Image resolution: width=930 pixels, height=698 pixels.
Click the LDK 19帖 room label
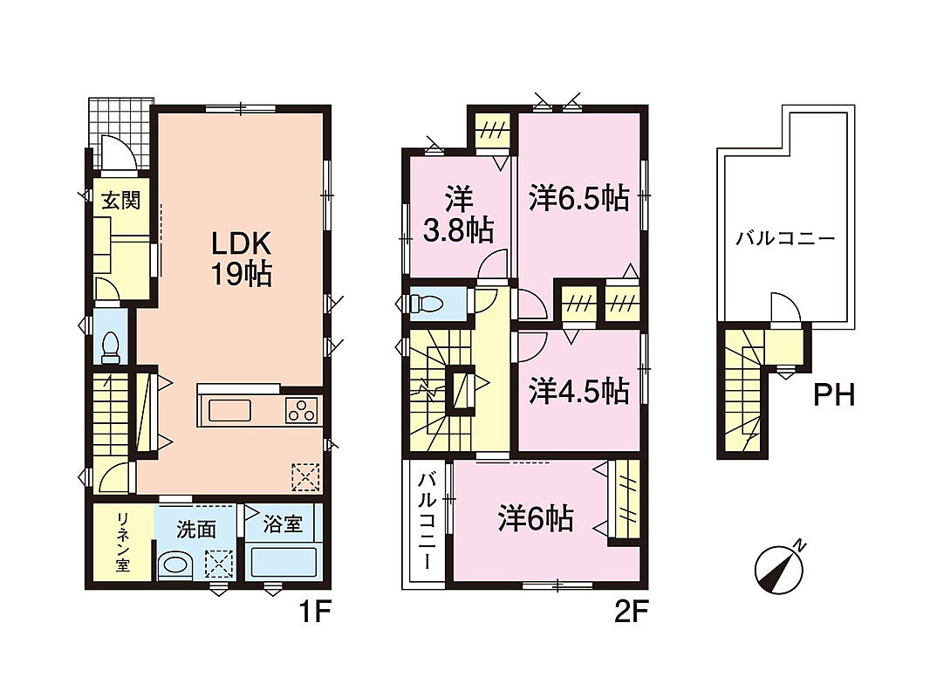point(242,258)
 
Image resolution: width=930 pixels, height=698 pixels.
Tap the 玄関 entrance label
point(121,201)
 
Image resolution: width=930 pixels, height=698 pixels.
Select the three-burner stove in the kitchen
point(301,410)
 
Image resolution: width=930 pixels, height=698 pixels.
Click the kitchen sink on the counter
point(229,410)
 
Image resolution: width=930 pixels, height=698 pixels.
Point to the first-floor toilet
point(110,347)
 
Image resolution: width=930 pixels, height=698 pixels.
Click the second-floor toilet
point(426,303)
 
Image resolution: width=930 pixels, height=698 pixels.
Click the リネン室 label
point(123,542)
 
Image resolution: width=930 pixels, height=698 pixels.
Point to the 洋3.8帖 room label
point(459,216)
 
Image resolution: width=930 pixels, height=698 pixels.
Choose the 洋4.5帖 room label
point(579,392)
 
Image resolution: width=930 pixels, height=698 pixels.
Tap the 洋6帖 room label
point(536,518)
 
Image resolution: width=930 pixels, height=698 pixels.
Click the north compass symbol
point(779,569)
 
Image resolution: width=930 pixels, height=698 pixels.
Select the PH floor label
point(834,395)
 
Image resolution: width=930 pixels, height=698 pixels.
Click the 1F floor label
point(313,612)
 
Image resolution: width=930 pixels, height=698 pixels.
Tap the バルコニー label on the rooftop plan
point(785,239)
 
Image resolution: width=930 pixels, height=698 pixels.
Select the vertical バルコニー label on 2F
point(427,521)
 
